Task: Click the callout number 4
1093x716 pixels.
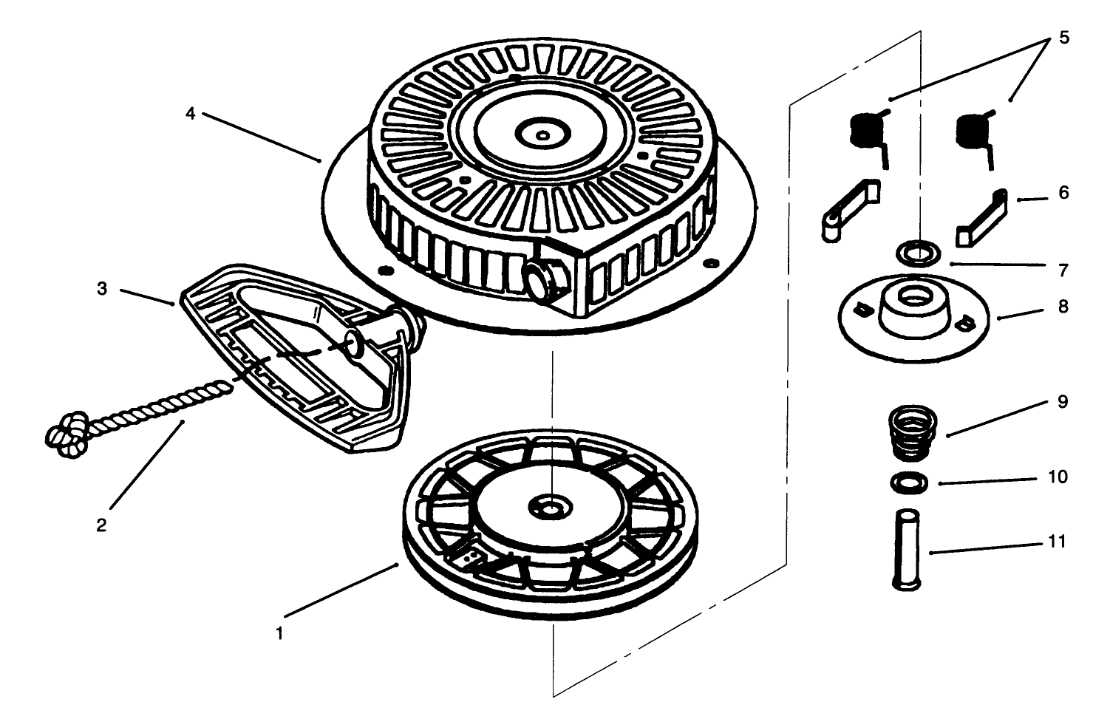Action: tap(190, 114)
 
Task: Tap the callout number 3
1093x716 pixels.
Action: tap(101, 289)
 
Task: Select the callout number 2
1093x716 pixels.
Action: tap(101, 525)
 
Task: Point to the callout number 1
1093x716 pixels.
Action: tap(279, 633)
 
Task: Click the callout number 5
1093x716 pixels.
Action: tap(1063, 38)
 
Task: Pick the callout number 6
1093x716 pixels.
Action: tap(1063, 193)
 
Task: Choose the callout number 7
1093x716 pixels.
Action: tap(1063, 270)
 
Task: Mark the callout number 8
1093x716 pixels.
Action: tap(1063, 307)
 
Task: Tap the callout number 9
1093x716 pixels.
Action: tap(1063, 401)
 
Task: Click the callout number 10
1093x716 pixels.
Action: tap(1058, 477)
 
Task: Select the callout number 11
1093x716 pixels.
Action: tap(1057, 542)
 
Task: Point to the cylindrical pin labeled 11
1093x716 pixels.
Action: tap(906, 550)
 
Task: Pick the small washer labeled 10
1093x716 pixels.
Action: tap(909, 483)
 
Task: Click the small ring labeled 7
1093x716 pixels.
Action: tap(919, 253)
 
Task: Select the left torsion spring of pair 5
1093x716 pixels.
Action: tap(871, 137)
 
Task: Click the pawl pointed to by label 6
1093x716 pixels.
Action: tap(981, 219)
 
